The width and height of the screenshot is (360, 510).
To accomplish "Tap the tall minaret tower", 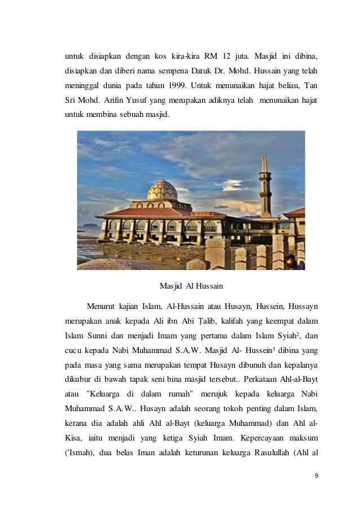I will [x=265, y=186].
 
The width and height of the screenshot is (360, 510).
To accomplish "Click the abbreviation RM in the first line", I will [x=214, y=56].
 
